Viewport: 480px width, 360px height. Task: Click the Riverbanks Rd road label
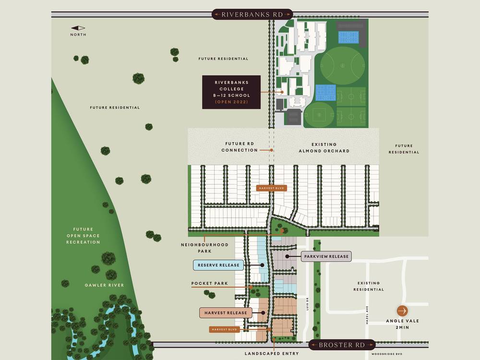pyautogui.click(x=246, y=14)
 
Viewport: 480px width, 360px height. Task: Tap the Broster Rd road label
pyautogui.click(x=341, y=345)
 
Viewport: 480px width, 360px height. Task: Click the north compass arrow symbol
pyautogui.click(x=78, y=28)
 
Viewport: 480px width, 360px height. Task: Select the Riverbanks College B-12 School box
pyautogui.click(x=231, y=92)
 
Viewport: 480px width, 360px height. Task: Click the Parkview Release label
pyautogui.click(x=326, y=256)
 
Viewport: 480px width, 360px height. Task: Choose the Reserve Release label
pyautogui.click(x=218, y=265)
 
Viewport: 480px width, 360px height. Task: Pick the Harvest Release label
pyautogui.click(x=225, y=313)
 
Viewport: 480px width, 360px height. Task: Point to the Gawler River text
pyautogui.click(x=105, y=285)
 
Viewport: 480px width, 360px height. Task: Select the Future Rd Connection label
pyautogui.click(x=242, y=147)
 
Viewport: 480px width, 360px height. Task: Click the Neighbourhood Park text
pyautogui.click(x=204, y=248)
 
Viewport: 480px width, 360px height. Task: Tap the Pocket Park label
pyautogui.click(x=209, y=284)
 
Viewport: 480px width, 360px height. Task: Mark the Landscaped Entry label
pyautogui.click(x=271, y=354)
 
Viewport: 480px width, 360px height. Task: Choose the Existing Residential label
pyautogui.click(x=368, y=286)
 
